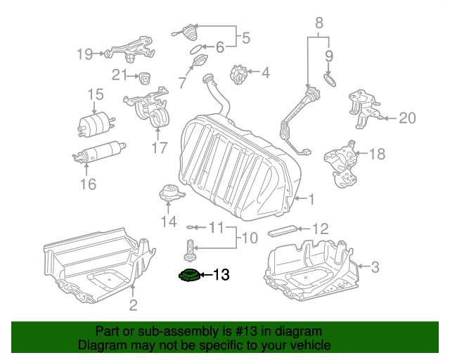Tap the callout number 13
221,275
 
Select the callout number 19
84,53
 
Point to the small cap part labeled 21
145,76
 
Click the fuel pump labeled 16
98,152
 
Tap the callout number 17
160,148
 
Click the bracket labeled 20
365,109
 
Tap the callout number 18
378,153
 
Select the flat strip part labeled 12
283,229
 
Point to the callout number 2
133,304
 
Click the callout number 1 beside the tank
311,199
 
